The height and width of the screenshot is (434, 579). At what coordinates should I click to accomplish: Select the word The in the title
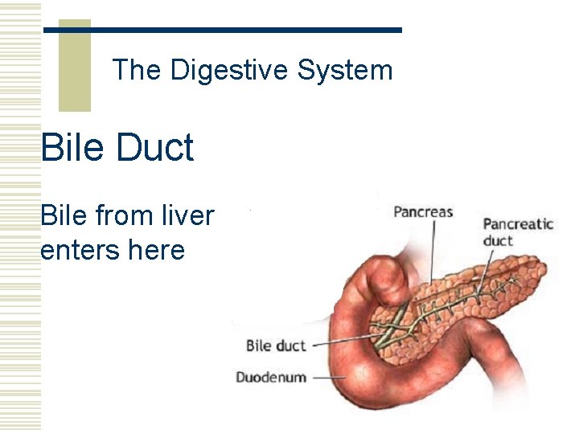[137, 71]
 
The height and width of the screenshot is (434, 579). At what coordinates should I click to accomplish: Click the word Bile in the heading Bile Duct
[72, 148]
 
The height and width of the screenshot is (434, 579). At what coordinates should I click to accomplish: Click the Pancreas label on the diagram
[423, 213]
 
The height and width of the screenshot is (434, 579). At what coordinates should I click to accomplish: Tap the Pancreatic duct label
[518, 231]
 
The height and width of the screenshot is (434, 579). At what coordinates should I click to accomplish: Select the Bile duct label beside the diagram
[275, 346]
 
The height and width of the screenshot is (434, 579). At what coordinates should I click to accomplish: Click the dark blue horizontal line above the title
[222, 31]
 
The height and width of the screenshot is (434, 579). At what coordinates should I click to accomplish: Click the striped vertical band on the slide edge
[20, 217]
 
